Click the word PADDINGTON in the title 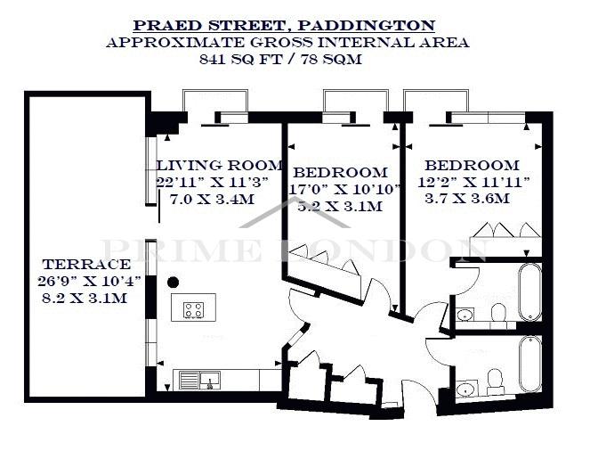pos(366,26)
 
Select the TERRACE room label pos(86,264)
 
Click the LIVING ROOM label pos(220,165)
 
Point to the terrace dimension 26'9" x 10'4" pos(89,281)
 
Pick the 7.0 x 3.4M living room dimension pos(212,199)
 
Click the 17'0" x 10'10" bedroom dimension pos(344,189)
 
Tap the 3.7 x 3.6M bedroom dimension pos(467,198)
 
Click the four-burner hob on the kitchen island pos(194,310)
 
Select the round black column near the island pos(174,282)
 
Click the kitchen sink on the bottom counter pos(199,380)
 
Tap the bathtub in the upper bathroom pos(529,291)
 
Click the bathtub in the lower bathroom pos(530,364)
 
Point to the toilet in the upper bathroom pos(498,314)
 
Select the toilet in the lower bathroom pos(495,379)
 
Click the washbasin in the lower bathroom pos(466,389)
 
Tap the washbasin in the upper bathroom pos(465,315)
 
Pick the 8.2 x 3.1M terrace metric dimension pos(85,298)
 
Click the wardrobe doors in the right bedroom pos(505,230)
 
